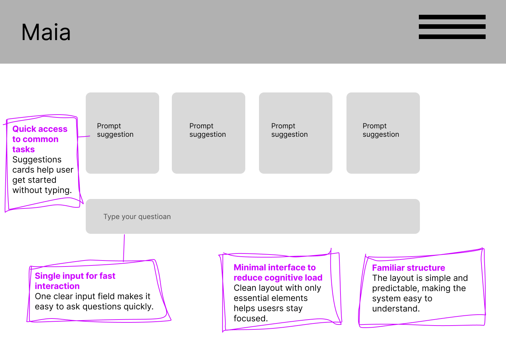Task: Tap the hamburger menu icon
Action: click(x=452, y=27)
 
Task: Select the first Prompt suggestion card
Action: click(x=122, y=133)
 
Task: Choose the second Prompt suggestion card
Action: click(x=208, y=133)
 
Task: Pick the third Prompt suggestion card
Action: click(x=296, y=133)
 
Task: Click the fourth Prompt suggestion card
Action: click(x=383, y=133)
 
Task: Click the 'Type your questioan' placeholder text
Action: click(x=137, y=217)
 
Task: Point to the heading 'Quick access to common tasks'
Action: click(x=40, y=139)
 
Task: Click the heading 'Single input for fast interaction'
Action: click(x=75, y=281)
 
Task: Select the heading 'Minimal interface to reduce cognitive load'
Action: click(x=278, y=272)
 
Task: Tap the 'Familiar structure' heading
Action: click(x=409, y=268)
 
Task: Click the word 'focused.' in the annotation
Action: click(x=251, y=319)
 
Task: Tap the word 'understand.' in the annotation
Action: click(x=396, y=308)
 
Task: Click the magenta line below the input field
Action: click(x=124, y=248)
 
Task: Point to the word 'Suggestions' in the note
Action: click(x=37, y=160)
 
